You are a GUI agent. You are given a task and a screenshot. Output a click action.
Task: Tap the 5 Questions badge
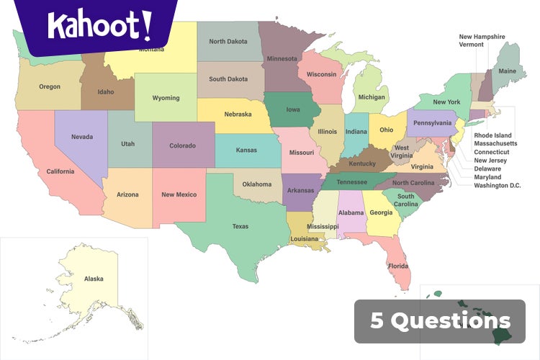pos(440,321)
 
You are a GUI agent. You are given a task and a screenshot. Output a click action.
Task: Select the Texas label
pos(240,226)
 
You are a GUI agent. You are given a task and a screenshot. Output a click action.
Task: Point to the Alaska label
pos(94,279)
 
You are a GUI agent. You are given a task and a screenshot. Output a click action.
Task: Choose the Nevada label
pos(81,137)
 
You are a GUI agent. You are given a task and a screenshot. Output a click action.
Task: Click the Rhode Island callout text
pos(492,135)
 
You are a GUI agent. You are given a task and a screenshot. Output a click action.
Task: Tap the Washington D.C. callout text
pos(497,186)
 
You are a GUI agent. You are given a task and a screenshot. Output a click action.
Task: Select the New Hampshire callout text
pos(482,37)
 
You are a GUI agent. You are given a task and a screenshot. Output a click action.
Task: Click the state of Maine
pos(508,71)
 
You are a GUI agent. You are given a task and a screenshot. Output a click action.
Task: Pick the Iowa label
pos(293,110)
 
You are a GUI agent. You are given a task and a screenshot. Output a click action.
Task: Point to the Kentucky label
pos(362,163)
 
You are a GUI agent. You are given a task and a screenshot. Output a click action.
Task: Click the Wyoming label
pos(166,98)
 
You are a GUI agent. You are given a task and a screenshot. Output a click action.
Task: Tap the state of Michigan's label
pos(372,97)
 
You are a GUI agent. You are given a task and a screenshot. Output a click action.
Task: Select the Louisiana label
pos(305,238)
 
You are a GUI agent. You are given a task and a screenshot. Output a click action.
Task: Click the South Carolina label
pos(405,200)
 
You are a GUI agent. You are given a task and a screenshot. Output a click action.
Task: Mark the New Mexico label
pos(179,194)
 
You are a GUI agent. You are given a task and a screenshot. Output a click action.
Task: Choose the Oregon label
pos(50,86)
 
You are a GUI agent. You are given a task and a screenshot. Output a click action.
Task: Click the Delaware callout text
pos(487,169)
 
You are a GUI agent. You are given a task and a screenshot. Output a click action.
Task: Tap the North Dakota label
pos(228,41)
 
